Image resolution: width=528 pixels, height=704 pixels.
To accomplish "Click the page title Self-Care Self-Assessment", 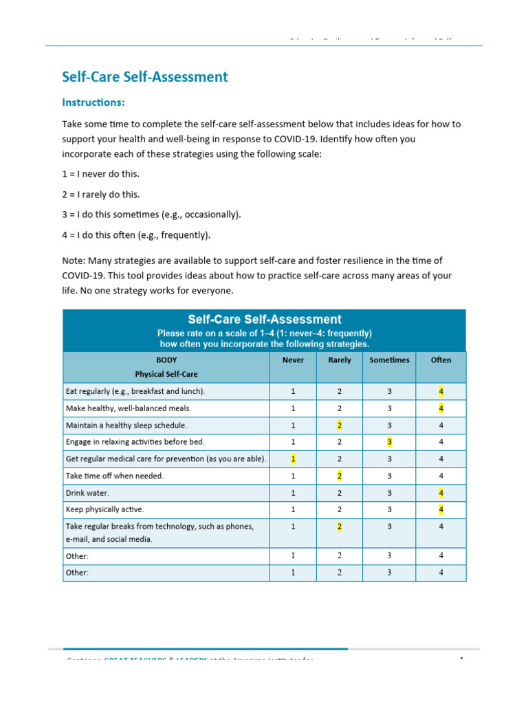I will point(144,77).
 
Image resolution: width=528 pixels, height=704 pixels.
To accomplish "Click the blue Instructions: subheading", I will point(93,102).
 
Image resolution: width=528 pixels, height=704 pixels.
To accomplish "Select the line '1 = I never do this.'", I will point(105,174).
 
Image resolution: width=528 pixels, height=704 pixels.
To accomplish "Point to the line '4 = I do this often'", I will point(136,235).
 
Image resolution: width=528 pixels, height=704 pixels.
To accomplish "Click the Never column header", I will point(293,360).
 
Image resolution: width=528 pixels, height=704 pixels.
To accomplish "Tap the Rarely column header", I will point(340,360).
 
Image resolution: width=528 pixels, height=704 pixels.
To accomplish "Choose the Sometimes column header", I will point(389,360).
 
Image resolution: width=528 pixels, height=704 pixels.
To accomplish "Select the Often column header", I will point(441,360).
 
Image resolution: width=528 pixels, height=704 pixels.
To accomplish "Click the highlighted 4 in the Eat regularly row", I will point(441,392).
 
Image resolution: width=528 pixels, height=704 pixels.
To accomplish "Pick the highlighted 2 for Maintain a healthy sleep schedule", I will point(340,426).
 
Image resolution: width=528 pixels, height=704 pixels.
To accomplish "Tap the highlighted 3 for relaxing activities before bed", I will point(389,442).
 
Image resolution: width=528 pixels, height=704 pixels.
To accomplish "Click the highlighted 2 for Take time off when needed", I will point(340,476).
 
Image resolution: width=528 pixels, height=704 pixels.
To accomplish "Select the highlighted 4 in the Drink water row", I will point(441,493).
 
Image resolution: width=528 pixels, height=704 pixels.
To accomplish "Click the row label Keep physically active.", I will point(104,510).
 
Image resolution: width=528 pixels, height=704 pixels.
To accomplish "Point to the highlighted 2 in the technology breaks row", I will point(340,527).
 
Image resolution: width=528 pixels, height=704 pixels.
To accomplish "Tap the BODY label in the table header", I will point(166,360).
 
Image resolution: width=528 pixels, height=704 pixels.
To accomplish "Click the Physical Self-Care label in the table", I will point(166,375).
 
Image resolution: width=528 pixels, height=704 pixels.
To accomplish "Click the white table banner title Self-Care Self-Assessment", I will point(265,320).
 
